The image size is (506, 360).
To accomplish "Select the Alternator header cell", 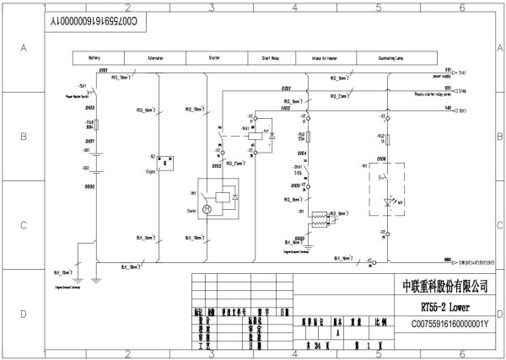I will coord(155,58).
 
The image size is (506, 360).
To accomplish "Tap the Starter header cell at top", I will coord(215,58).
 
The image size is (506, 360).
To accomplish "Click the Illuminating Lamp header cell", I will coord(389,58).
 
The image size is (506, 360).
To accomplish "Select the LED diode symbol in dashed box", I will coord(390,202).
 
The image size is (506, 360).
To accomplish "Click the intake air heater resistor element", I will coord(320,218).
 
